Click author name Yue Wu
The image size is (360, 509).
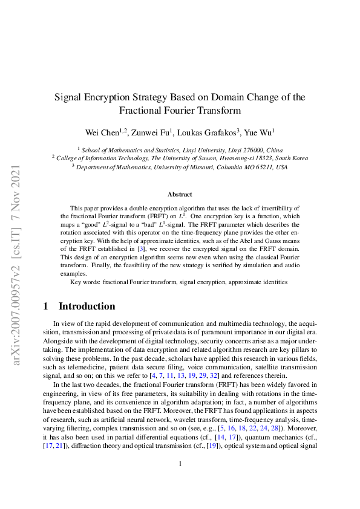[260, 131]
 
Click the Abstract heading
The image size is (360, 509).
[180, 194]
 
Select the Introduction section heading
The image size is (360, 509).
[87, 306]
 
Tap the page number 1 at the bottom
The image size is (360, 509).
[180, 481]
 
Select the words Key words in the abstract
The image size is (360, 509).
[85, 282]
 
